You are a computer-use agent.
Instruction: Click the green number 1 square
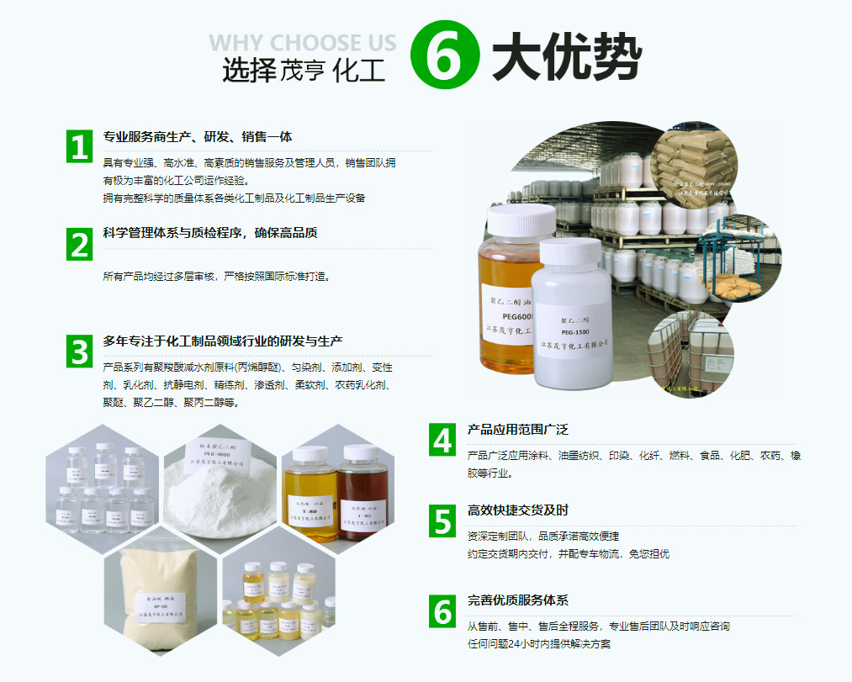(79, 146)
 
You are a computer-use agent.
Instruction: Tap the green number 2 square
(79, 244)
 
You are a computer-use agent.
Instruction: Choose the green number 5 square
(442, 521)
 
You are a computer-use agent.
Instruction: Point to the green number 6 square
(442, 611)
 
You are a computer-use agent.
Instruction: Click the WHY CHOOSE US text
(302, 42)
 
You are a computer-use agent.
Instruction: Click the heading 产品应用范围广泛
(518, 430)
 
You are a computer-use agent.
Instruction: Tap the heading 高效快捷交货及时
(518, 510)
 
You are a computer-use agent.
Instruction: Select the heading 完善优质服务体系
(518, 600)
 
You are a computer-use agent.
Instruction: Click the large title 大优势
(566, 57)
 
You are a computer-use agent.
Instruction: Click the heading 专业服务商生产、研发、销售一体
(198, 137)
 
